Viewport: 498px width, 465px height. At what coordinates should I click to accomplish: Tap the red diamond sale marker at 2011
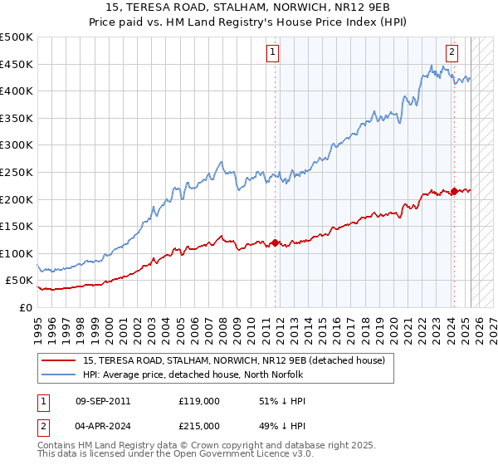[275, 243]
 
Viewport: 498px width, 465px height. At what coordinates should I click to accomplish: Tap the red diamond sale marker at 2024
[454, 191]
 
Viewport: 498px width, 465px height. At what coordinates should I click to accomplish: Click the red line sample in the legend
[58, 361]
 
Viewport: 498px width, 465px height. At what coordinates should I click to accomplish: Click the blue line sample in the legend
[58, 375]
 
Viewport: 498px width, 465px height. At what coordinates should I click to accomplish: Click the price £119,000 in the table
[199, 401]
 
